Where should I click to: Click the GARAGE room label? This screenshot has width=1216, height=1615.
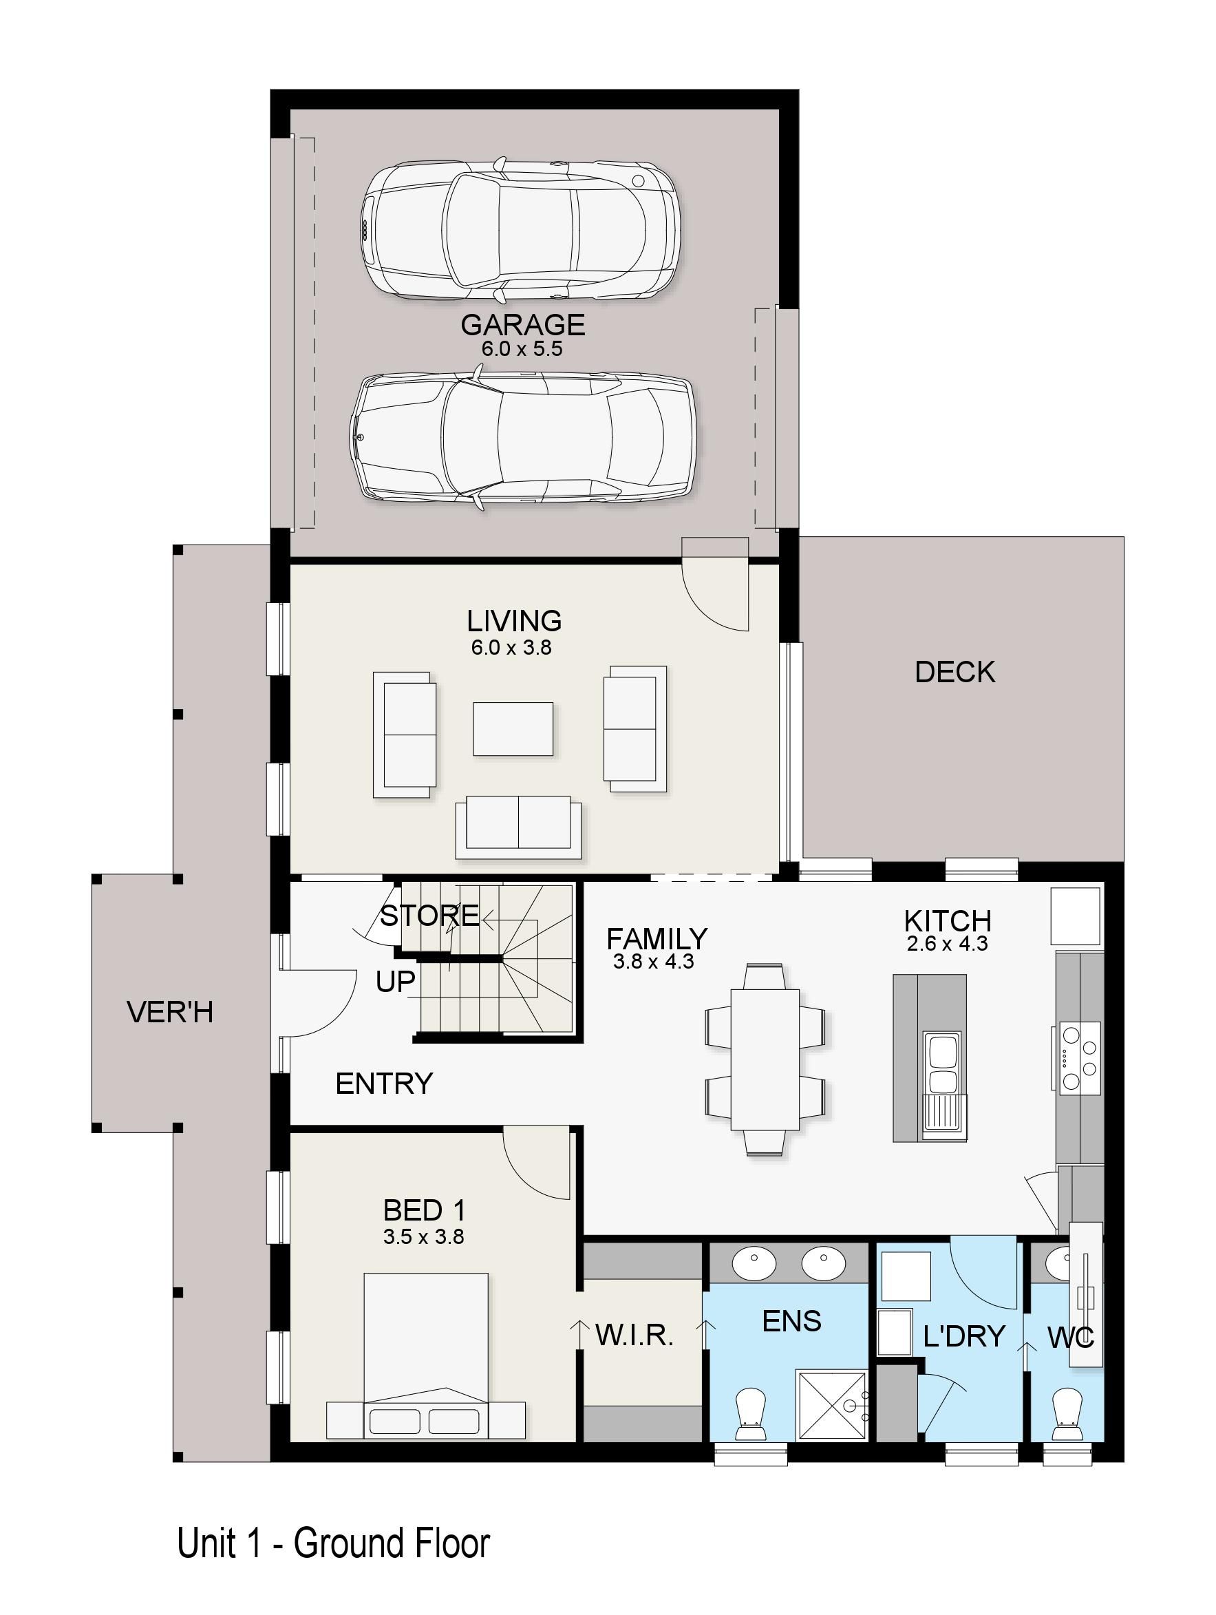coord(522,325)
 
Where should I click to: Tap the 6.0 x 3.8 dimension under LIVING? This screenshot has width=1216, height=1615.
coord(511,648)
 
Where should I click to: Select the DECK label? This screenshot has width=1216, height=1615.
coord(954,673)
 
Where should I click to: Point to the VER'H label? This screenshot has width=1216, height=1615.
coord(170,1012)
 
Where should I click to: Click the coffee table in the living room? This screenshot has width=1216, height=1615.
coord(513,728)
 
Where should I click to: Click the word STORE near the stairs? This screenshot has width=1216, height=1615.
coord(429,915)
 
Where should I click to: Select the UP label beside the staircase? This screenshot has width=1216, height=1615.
coord(396,982)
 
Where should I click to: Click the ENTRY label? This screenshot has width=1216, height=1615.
coord(384,1084)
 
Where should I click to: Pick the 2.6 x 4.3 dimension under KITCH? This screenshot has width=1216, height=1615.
coord(947,944)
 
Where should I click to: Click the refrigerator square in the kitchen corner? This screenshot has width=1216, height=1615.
coord(1075,916)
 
